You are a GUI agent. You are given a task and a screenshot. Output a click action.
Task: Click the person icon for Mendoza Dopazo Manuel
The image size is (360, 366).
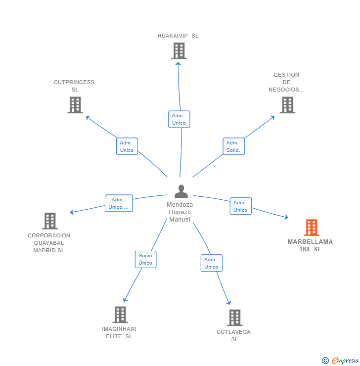pos(181,191)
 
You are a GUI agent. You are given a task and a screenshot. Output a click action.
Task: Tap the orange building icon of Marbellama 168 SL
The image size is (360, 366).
pos(311,228)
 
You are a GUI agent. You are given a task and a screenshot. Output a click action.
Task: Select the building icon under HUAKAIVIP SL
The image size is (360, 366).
pos(179,50)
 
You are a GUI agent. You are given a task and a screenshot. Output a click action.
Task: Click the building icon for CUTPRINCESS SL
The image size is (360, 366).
pos(75,105)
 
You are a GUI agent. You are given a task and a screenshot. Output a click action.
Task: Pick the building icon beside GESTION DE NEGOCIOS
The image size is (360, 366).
pos(287,105)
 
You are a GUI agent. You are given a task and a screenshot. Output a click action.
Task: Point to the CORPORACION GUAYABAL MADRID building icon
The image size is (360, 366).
pos(49,221)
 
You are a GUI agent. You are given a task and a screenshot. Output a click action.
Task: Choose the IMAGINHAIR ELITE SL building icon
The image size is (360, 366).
pos(120,315)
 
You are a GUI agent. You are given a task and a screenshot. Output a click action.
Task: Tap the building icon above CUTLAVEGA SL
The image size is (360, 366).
pos(234,318)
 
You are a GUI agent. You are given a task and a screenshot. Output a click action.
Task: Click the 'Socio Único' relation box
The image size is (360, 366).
pos(145,259)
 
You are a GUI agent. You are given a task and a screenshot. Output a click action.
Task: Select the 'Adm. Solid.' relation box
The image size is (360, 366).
pos(233,146)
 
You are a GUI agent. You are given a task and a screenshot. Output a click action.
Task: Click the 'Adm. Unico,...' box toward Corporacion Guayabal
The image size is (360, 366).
pos(119,203)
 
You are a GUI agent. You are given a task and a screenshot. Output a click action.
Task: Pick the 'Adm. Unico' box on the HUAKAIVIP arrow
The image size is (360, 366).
pos(179,119)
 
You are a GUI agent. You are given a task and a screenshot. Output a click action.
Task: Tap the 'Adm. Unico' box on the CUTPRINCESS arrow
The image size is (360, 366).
pos(127,146)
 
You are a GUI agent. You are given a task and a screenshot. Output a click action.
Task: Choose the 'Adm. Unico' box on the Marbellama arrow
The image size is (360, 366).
pos(240,206)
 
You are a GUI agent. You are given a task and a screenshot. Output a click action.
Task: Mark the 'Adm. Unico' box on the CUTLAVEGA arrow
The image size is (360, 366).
pos(211,263)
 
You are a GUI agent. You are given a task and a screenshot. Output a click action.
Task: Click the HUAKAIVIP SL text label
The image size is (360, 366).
pos(178,36)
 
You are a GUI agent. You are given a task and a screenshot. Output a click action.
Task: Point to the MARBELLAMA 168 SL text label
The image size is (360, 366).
pos(311,245)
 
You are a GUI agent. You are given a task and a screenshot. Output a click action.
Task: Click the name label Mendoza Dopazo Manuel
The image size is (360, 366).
pos(180,212)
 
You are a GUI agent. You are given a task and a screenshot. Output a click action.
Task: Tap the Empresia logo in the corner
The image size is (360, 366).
pos(341,361)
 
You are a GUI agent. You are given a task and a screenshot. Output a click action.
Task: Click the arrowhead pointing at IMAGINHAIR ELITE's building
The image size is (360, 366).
pos(125,299)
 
